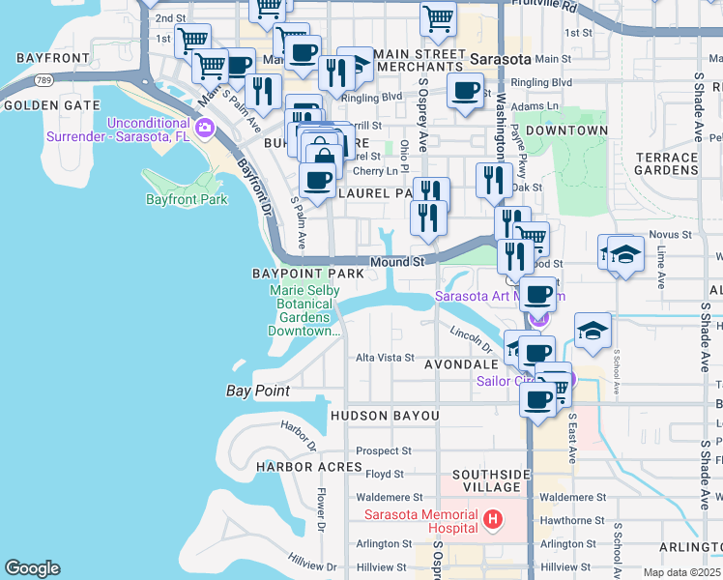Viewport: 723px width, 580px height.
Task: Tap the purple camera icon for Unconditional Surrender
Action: pyautogui.click(x=204, y=128)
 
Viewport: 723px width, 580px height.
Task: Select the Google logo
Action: pyautogui.click(x=32, y=568)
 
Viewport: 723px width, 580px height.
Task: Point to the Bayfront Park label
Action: pyautogui.click(x=186, y=200)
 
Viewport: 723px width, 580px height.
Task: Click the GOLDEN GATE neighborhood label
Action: pyautogui.click(x=51, y=104)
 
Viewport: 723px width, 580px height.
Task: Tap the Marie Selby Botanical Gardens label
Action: pyautogui.click(x=304, y=309)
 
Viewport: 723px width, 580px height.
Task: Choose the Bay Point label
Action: pyautogui.click(x=258, y=391)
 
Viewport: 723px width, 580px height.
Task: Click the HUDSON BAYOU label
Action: pyautogui.click(x=385, y=416)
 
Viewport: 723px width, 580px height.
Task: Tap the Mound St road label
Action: pyautogui.click(x=397, y=262)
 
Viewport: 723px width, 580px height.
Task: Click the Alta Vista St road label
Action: pyautogui.click(x=385, y=357)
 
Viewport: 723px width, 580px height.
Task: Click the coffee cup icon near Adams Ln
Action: pyautogui.click(x=466, y=92)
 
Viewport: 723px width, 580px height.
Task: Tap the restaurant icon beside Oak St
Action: pyautogui.click(x=494, y=179)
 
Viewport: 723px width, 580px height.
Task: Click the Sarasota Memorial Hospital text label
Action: pyautogui.click(x=421, y=521)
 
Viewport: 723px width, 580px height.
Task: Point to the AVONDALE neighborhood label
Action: pyautogui.click(x=460, y=364)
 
